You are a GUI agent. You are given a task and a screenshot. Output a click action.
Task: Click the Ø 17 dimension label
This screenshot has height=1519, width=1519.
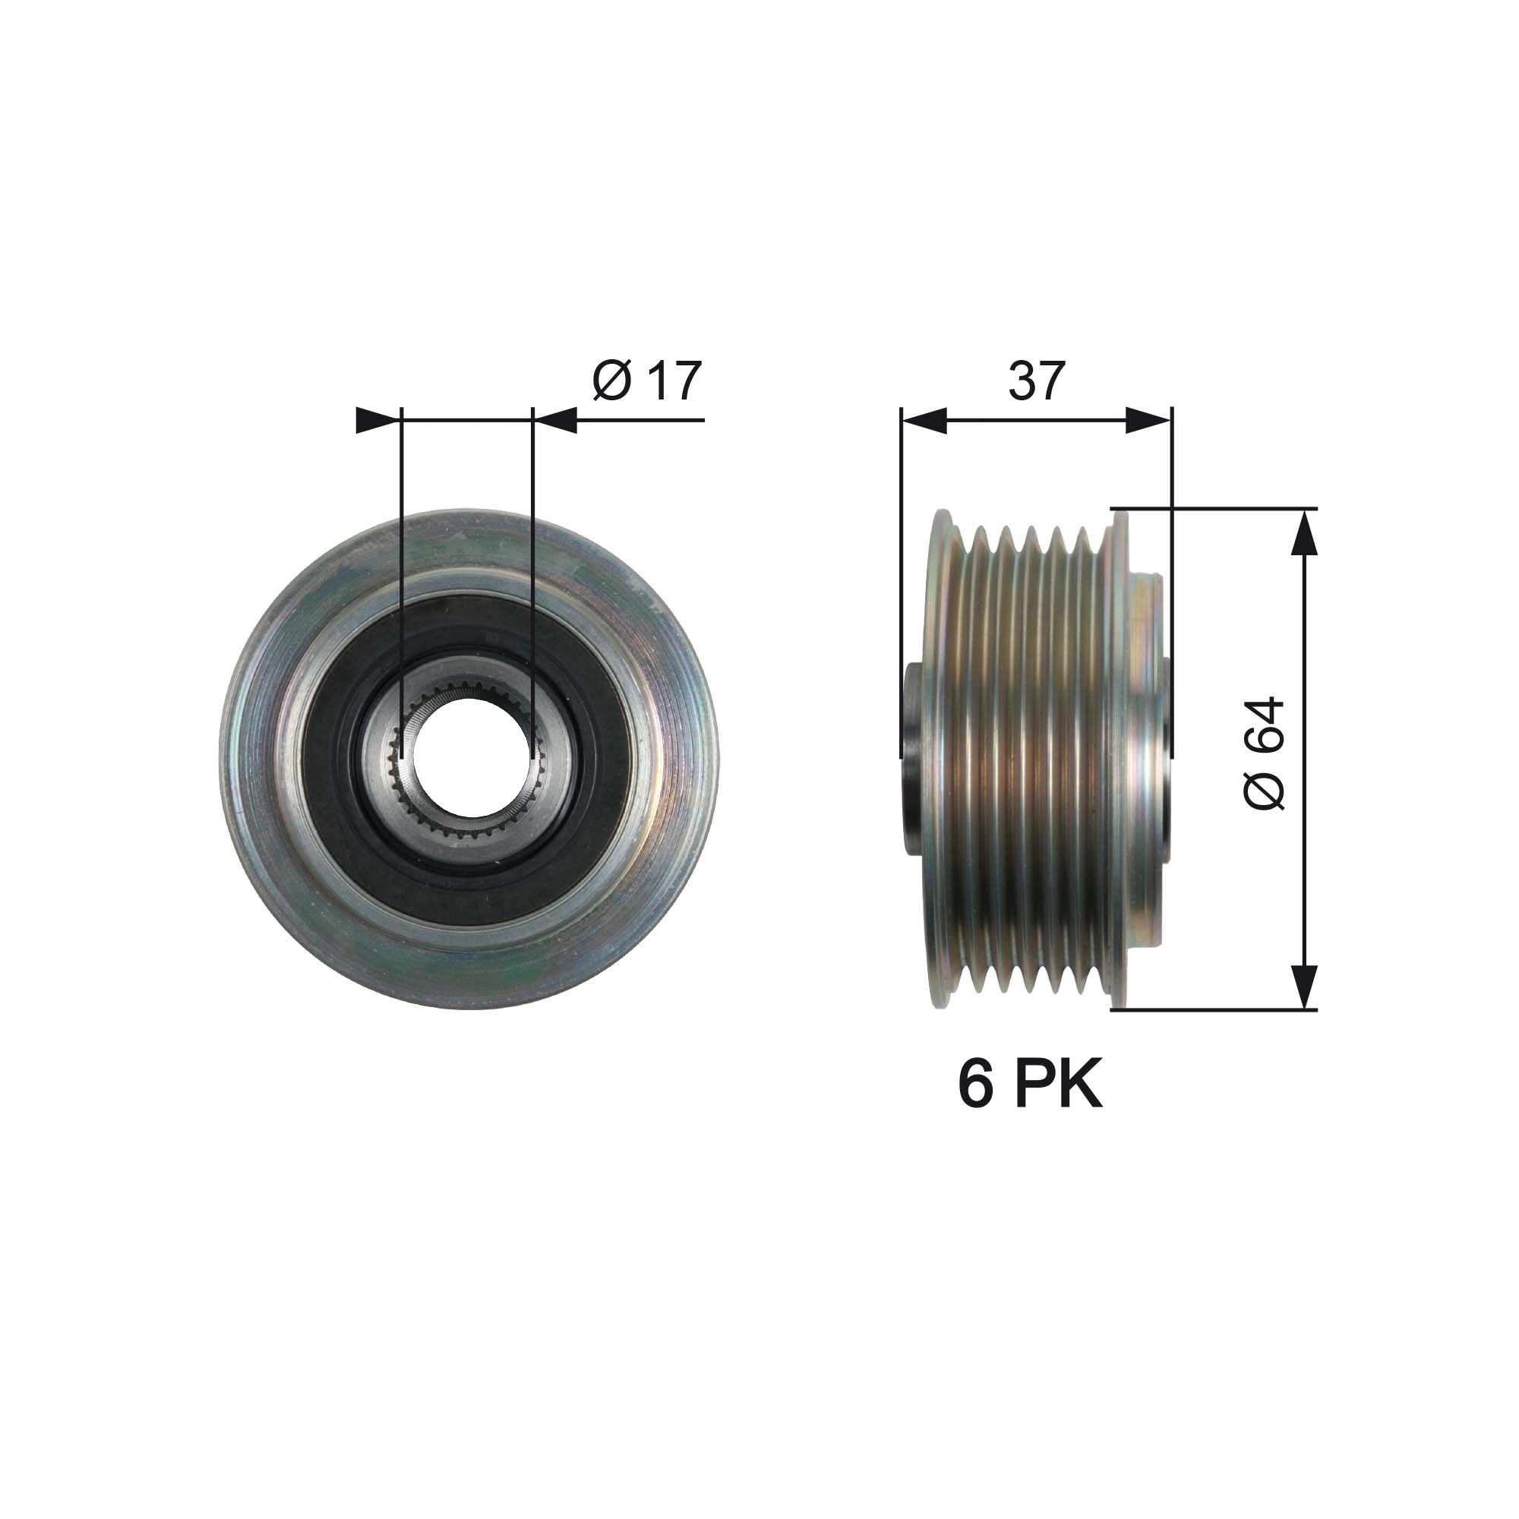(646, 381)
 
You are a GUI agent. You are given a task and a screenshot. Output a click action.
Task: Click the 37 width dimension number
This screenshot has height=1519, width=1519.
(1036, 381)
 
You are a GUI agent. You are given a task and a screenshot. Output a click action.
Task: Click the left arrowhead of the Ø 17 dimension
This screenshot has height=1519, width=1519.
(375, 420)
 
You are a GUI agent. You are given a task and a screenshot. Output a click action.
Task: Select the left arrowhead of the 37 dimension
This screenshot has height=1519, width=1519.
(921, 420)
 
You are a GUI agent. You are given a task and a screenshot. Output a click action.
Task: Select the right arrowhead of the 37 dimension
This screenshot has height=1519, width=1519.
(1149, 420)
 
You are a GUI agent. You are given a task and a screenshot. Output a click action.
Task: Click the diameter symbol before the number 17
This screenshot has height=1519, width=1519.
(611, 381)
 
